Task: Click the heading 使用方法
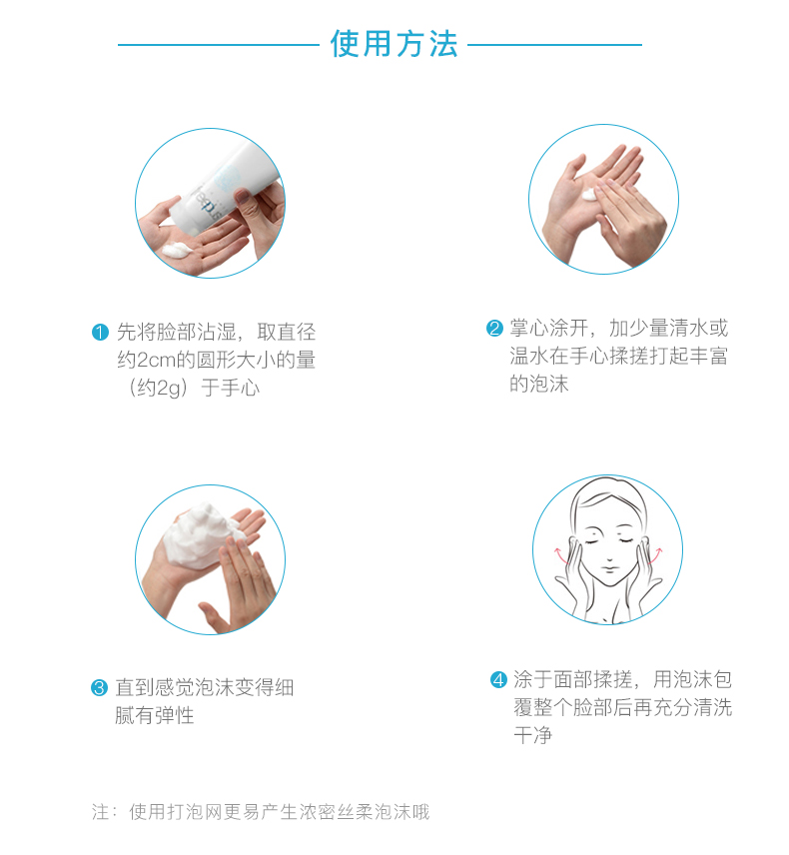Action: pos(394,44)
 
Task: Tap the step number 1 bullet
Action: pos(100,332)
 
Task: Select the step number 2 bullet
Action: pos(494,329)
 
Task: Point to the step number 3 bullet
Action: pos(99,687)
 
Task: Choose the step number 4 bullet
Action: pos(498,679)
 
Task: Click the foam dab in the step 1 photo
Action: pos(176,251)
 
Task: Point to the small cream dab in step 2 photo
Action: pos(590,195)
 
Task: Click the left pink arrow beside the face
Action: pos(560,554)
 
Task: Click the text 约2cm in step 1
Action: pos(146,360)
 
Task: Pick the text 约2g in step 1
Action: pos(159,389)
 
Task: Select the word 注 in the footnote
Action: pos(100,812)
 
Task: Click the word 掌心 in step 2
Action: pos(529,329)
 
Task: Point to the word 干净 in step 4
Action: pos(533,735)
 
